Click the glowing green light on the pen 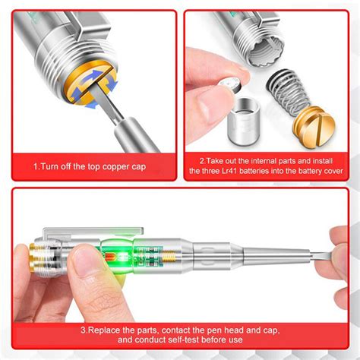coord(124,257)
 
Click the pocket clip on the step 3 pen coord(93,232)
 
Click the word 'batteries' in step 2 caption coord(254,171)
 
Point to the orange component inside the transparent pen coord(110,257)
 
